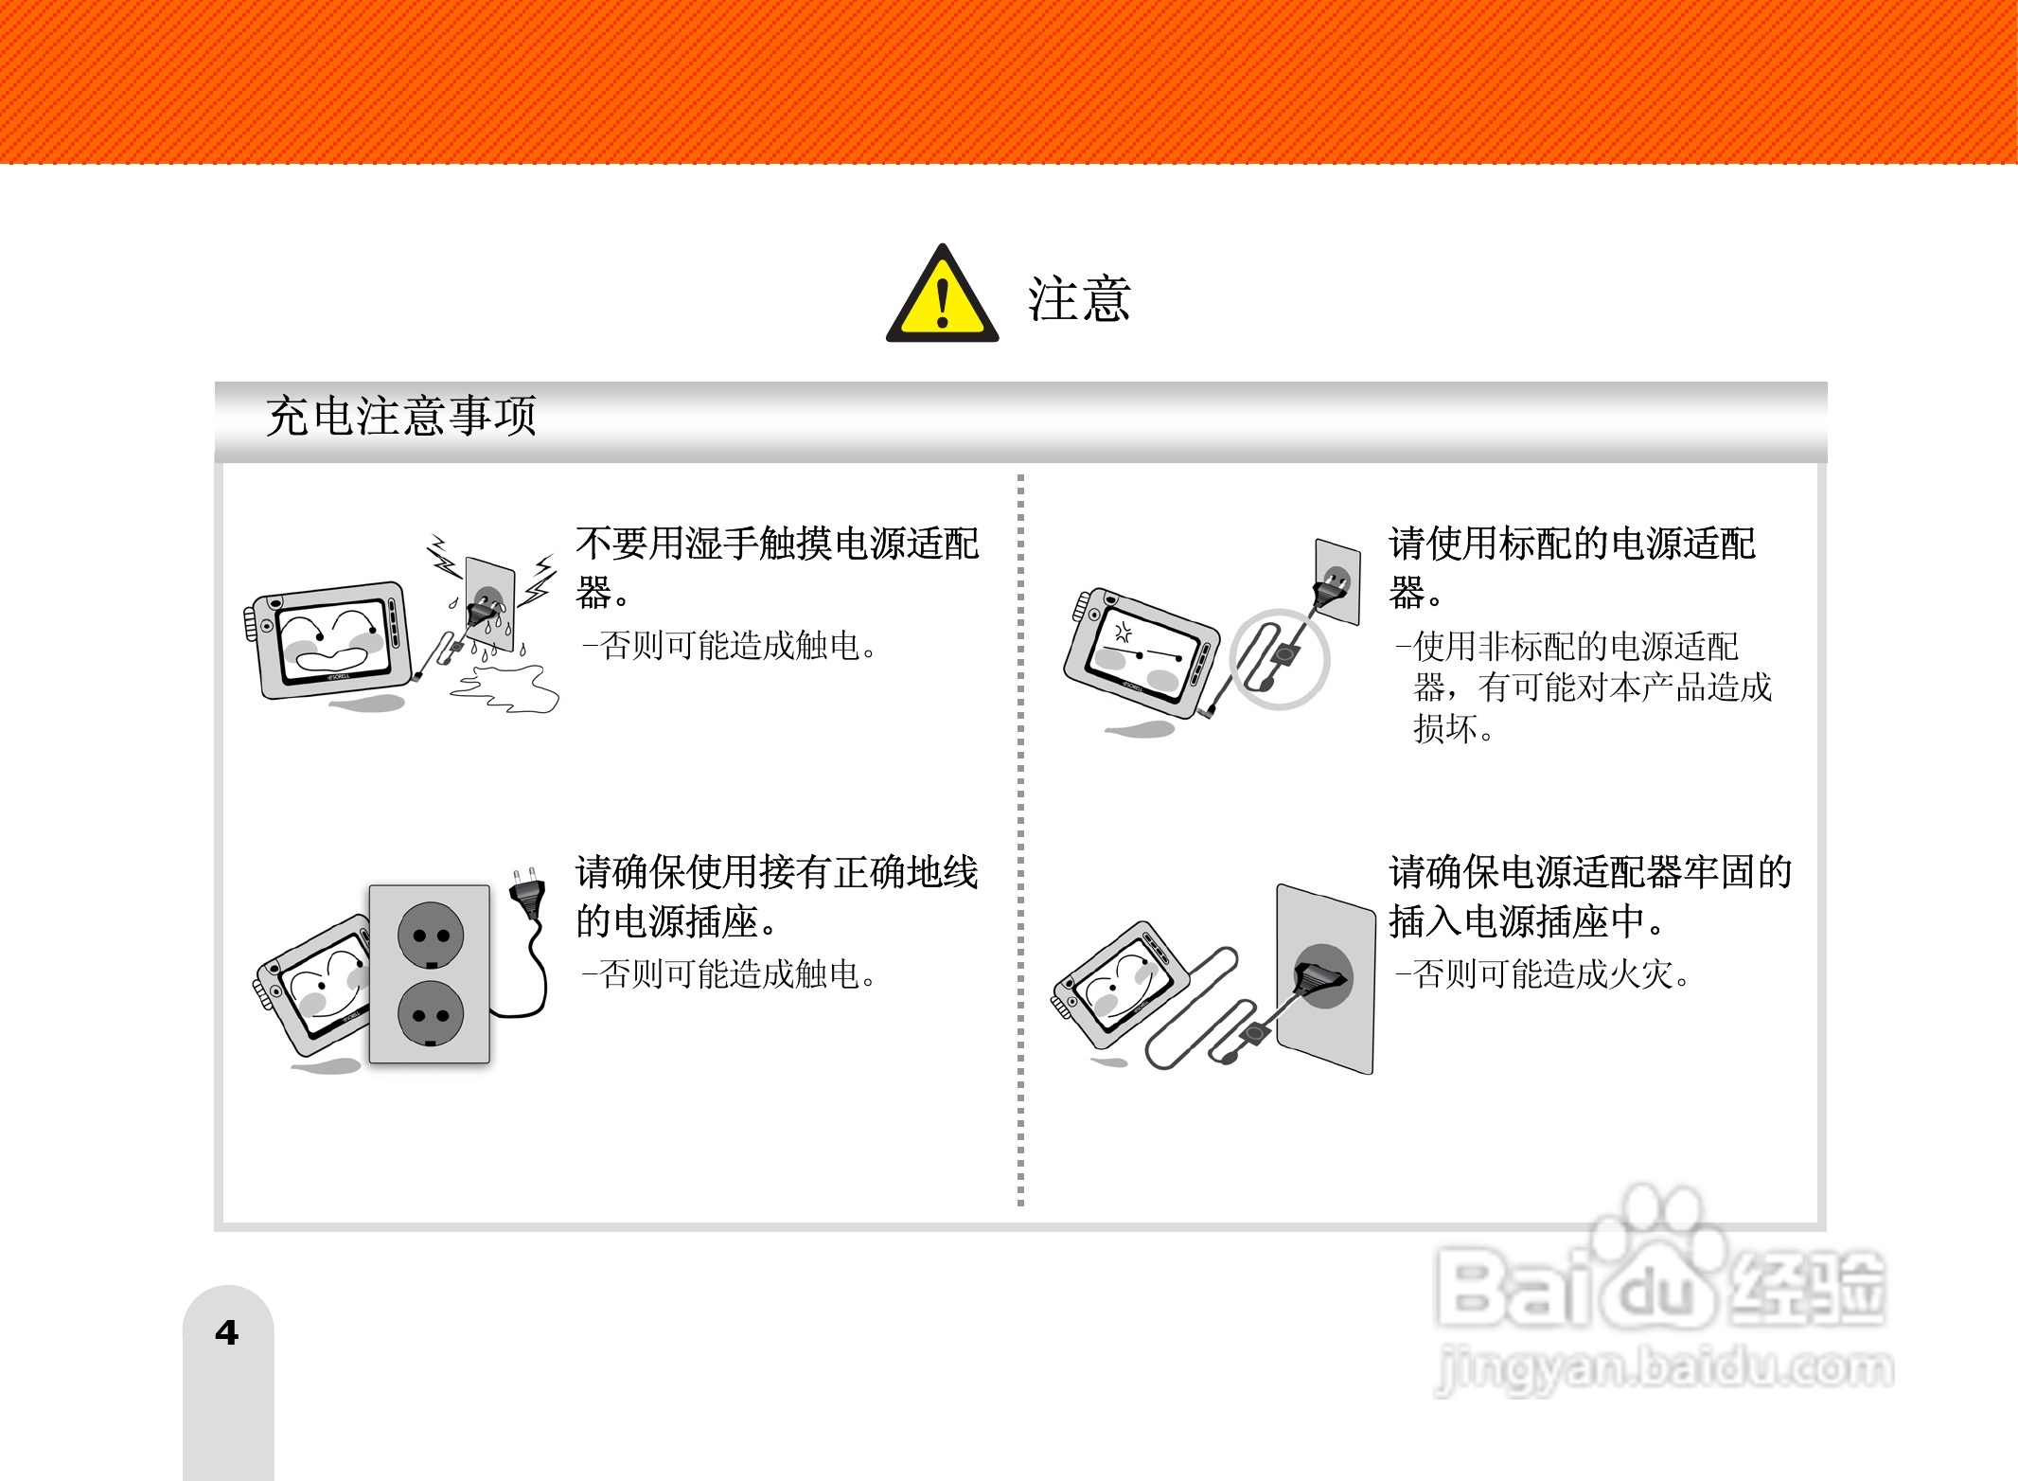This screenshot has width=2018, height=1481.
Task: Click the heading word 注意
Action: (1079, 299)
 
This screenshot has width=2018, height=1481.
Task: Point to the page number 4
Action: (226, 1333)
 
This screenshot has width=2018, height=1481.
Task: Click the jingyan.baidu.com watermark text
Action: (1663, 1369)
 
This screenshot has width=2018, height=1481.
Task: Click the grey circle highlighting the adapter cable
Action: (1279, 658)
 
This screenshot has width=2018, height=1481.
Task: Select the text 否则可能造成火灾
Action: (1552, 973)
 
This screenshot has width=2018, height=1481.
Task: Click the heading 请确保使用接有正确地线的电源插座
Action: (776, 895)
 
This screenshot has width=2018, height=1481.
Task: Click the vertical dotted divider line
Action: (1020, 838)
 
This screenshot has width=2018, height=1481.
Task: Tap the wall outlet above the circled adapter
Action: (1337, 580)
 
